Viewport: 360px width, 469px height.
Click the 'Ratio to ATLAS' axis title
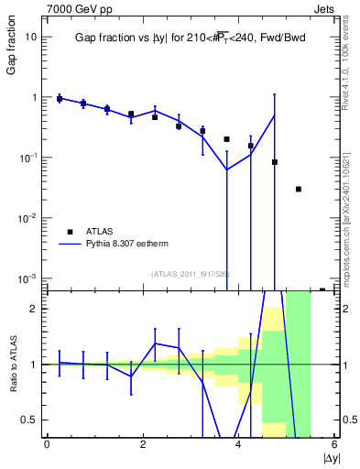coord(12,365)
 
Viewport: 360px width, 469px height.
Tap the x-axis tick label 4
coord(238,444)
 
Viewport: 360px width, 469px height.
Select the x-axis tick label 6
coord(334,444)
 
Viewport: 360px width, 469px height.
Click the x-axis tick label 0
coord(47,444)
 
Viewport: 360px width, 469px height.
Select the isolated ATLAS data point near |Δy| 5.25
coord(299,189)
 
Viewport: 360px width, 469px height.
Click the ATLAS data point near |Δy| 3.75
coord(226,139)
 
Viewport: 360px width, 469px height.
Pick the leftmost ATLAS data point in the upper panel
coord(60,98)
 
